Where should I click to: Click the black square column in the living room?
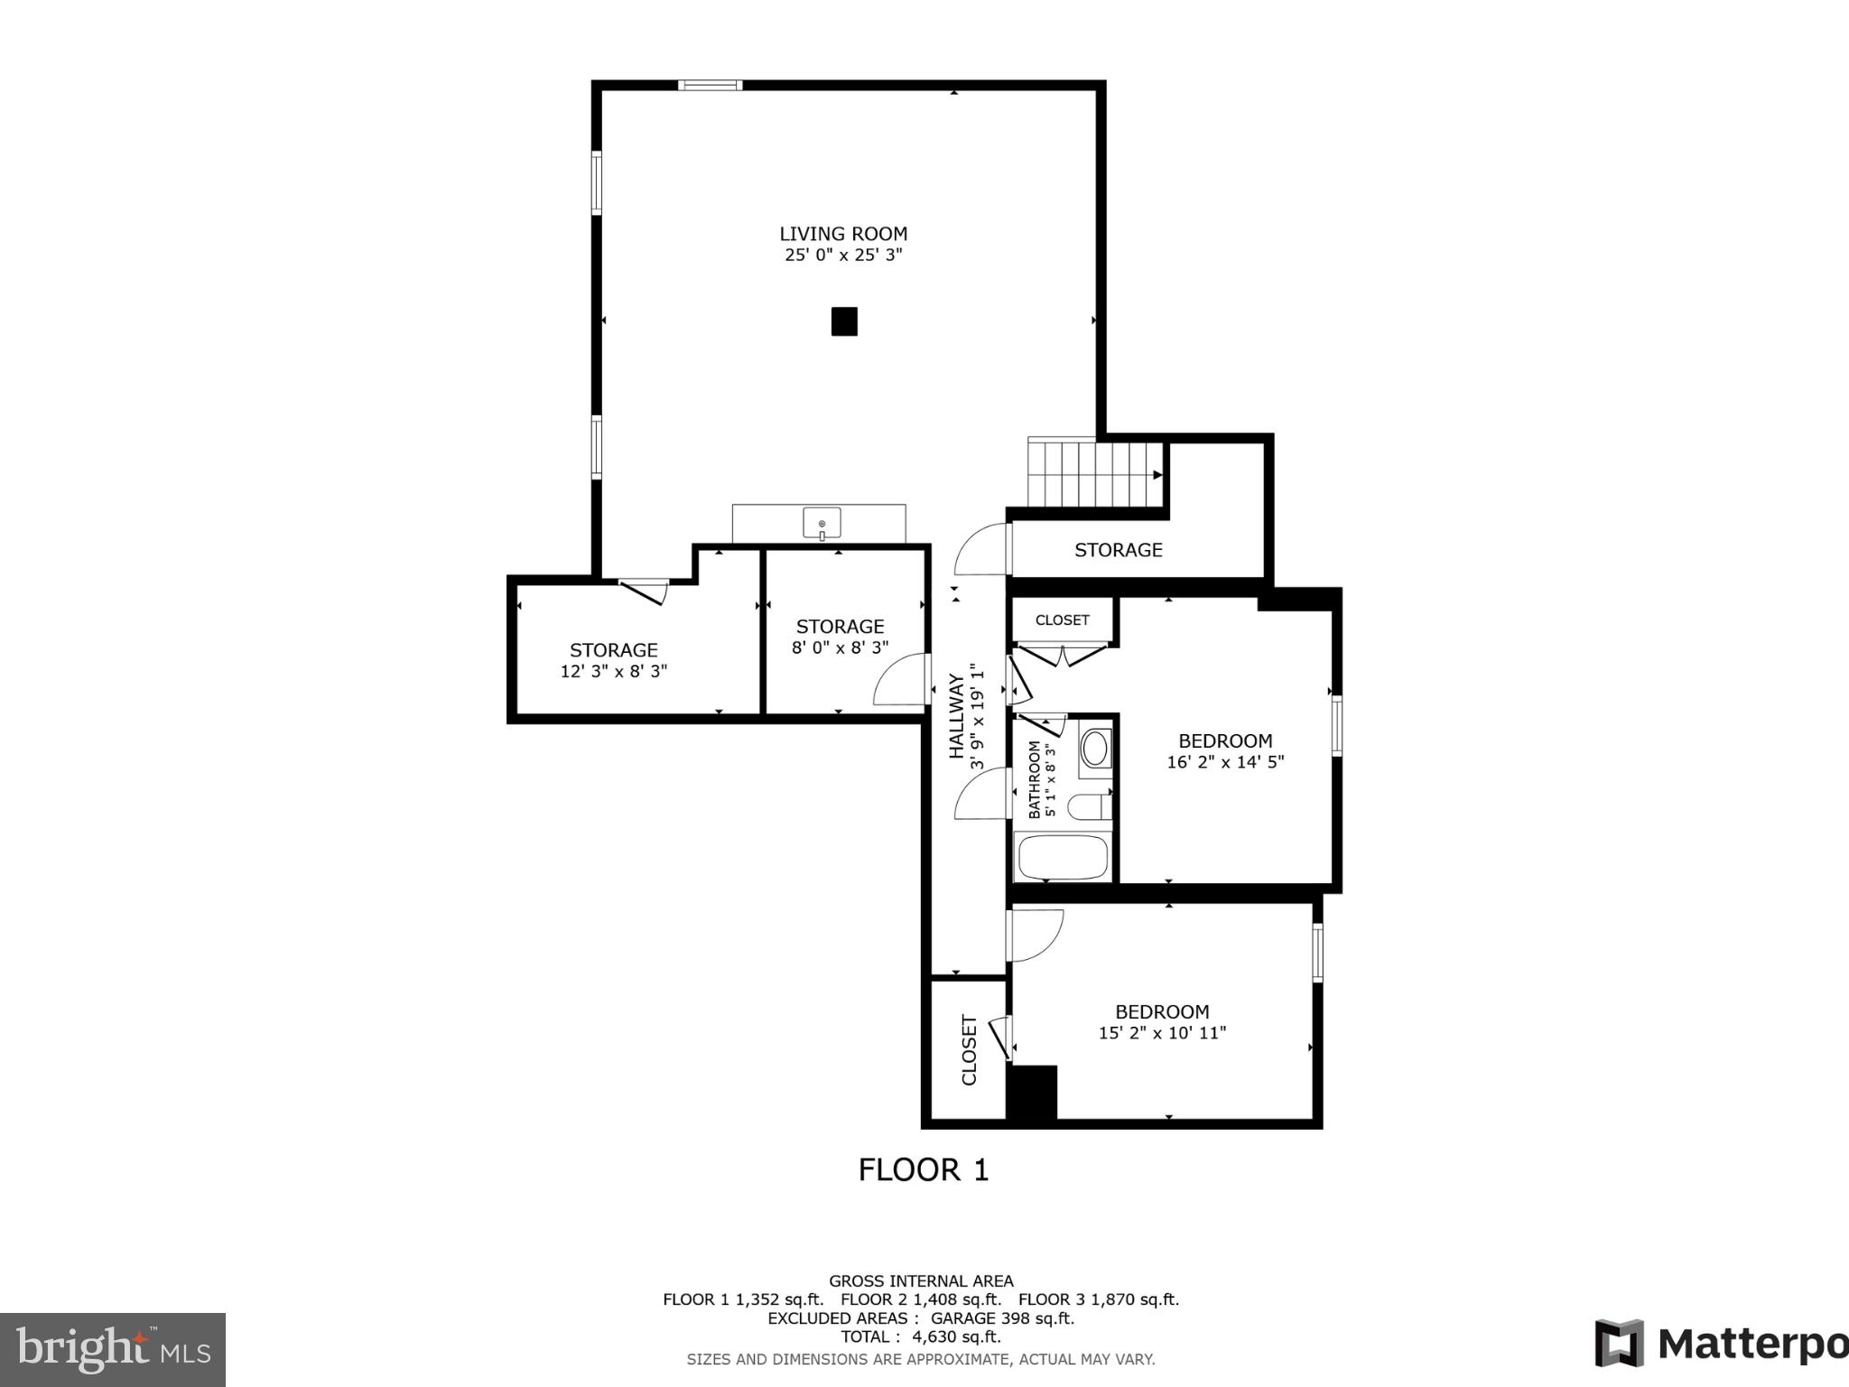(x=843, y=321)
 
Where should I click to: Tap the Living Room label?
(x=843, y=234)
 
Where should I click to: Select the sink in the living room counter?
(x=822, y=523)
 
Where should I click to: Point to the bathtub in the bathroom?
(x=1062, y=857)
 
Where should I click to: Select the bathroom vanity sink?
(x=1095, y=749)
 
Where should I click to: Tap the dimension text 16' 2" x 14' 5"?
(x=1225, y=762)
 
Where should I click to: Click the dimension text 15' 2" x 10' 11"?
(x=1162, y=1033)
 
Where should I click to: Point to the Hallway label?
(x=956, y=716)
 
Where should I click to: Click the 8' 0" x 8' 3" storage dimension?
(x=840, y=647)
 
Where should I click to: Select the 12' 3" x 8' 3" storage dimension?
(x=613, y=672)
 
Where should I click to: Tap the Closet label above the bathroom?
(x=1062, y=620)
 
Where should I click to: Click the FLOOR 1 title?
(x=923, y=1170)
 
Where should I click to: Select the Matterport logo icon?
(x=1619, y=1344)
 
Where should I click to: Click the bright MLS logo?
(x=112, y=1349)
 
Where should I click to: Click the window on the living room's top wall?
(x=711, y=86)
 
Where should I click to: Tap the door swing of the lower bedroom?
(x=1036, y=935)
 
